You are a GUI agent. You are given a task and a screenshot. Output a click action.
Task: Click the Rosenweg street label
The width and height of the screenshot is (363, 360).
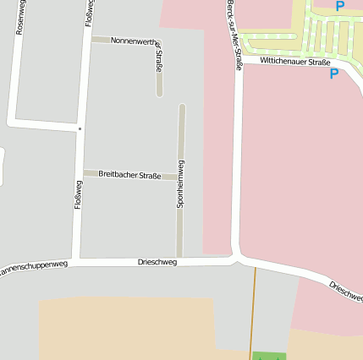[20, 17]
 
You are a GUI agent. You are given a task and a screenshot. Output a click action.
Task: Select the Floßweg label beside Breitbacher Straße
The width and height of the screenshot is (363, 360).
[79, 195]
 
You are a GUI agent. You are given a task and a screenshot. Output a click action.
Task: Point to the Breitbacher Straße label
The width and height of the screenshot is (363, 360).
[129, 174]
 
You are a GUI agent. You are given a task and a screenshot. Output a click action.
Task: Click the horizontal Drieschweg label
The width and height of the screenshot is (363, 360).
[157, 263]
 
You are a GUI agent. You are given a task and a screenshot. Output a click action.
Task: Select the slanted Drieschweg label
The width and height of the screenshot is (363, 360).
[345, 291]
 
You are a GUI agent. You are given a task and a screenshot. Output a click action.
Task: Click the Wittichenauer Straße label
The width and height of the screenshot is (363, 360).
[295, 62]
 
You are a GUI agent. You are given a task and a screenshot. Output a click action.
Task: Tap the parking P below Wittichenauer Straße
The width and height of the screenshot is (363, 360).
[333, 74]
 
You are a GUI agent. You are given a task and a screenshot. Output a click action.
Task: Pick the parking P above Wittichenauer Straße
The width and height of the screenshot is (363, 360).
[339, 6]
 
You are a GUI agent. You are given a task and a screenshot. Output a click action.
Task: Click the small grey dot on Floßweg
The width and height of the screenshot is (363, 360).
[80, 128]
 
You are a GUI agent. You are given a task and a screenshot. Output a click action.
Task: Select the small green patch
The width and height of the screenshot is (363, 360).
[269, 356]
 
